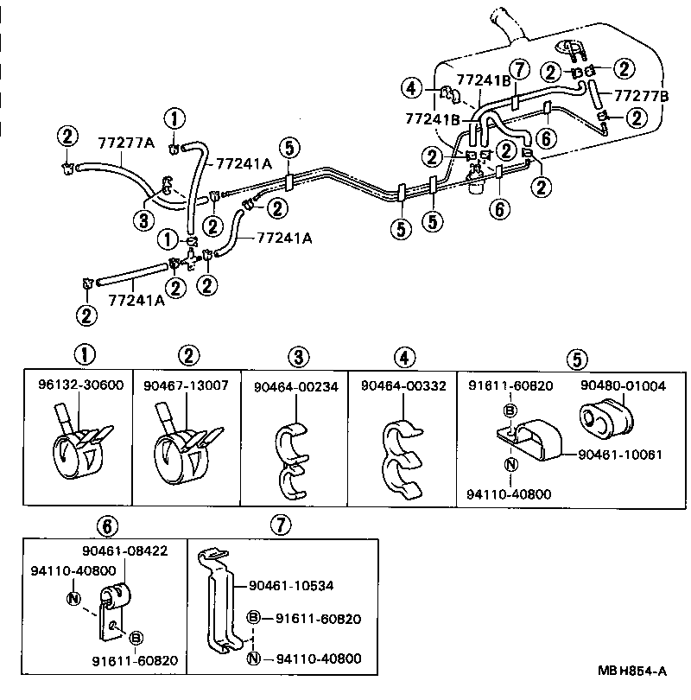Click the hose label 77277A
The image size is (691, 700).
[x=125, y=142]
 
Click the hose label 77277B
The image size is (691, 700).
[x=641, y=95]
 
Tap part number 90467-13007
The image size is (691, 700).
[x=187, y=385]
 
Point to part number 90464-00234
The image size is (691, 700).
[x=295, y=386]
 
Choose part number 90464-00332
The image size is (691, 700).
[x=403, y=386]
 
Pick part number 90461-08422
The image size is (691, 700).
[x=125, y=550]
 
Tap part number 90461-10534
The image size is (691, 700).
[x=292, y=586]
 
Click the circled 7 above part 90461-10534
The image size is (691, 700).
[x=276, y=525]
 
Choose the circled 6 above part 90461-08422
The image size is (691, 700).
[x=105, y=525]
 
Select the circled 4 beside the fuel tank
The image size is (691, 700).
[x=412, y=86]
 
